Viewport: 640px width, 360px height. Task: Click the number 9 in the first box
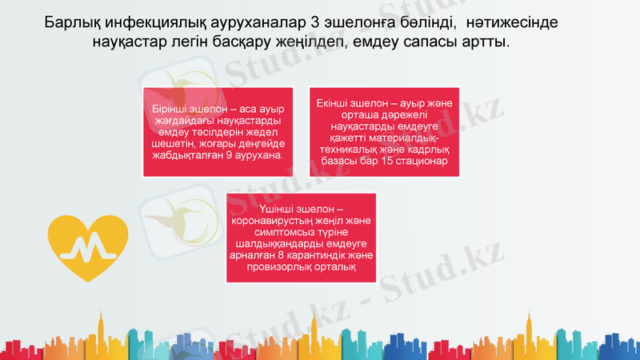(x=230, y=154)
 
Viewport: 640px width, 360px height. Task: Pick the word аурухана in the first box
(x=259, y=154)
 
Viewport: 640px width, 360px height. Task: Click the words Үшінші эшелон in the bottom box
(x=301, y=209)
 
